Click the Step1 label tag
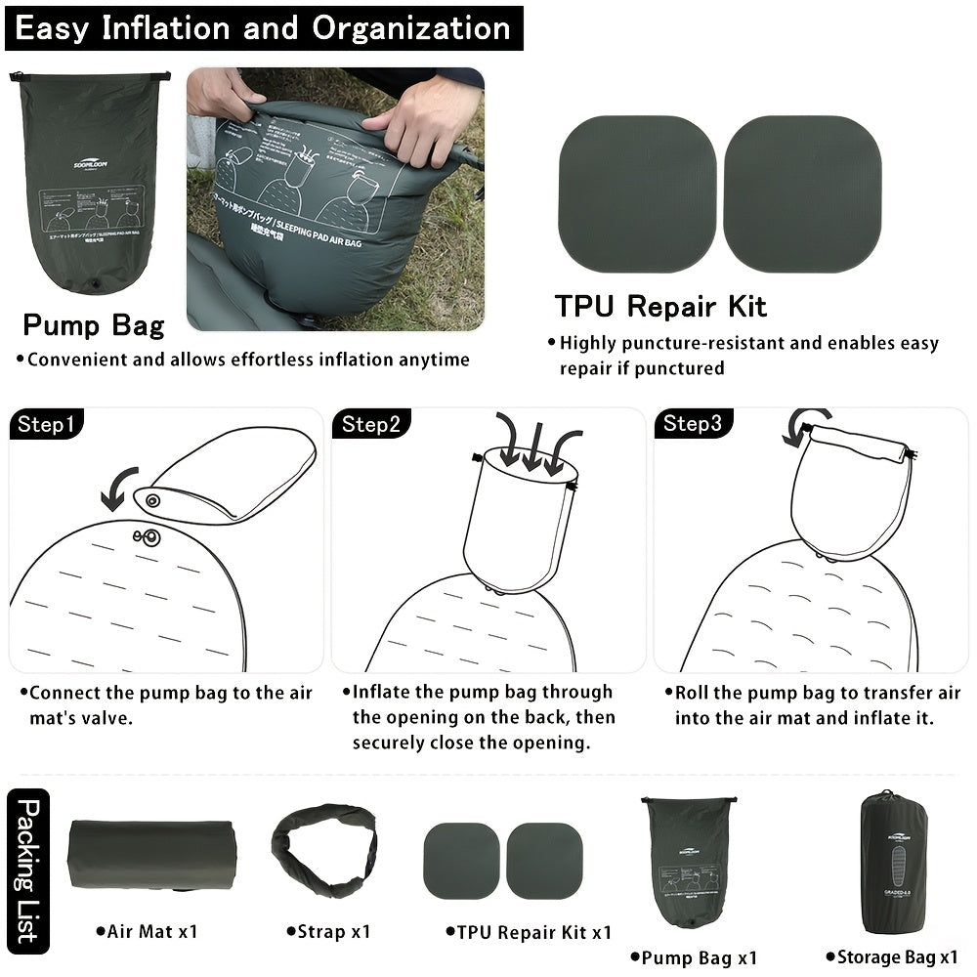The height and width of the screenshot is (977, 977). (45, 424)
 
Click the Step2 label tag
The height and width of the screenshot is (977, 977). (370, 424)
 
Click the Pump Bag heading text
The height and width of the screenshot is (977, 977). (94, 324)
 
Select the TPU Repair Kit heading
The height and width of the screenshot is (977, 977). (660, 307)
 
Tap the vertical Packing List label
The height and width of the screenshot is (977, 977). (28, 870)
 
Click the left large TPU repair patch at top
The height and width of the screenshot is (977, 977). (637, 193)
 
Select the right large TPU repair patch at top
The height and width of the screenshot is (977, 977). (802, 193)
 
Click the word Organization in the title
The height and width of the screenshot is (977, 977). (410, 27)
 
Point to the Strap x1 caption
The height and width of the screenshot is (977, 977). (329, 932)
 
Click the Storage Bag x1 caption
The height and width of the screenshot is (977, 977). (892, 956)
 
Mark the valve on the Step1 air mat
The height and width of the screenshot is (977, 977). (151, 535)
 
